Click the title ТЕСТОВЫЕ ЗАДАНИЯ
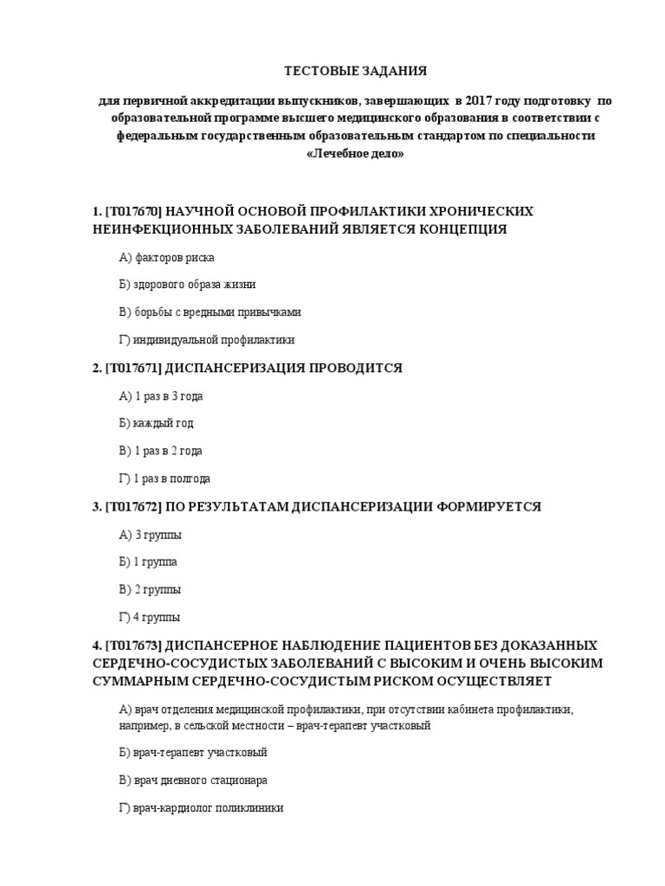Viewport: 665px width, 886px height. pyautogui.click(x=344, y=70)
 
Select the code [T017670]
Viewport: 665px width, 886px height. pyautogui.click(x=134, y=212)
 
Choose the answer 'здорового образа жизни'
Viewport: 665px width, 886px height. pyautogui.click(x=193, y=284)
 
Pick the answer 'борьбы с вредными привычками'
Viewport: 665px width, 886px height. pyautogui.click(x=216, y=311)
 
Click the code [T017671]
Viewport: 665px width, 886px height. pyautogui.click(x=134, y=368)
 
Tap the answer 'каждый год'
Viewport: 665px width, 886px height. pyautogui.click(x=162, y=423)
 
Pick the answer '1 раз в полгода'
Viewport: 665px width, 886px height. pyautogui.click(x=171, y=478)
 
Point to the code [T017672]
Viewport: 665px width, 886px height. pyautogui.click(x=134, y=506)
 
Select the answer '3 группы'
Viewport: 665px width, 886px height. pyautogui.click(x=157, y=535)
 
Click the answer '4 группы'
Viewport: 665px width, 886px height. pyautogui.click(x=157, y=618)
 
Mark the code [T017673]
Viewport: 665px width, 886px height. pyautogui.click(x=134, y=645)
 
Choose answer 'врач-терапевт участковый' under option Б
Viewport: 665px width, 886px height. pyautogui.click(x=199, y=752)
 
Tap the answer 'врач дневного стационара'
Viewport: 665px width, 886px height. pyautogui.click(x=199, y=780)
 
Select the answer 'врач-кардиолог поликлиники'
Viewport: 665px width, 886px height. pyautogui.click(x=208, y=808)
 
